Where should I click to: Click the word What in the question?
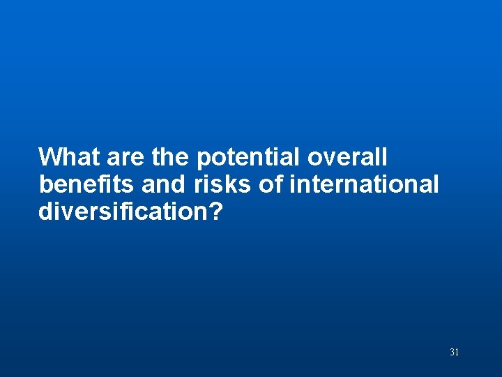[68, 156]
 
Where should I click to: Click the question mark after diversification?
[215, 212]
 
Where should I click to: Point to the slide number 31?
[454, 352]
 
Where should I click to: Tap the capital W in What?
[50, 156]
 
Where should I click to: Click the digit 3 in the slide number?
[452, 352]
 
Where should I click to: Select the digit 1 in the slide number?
[457, 352]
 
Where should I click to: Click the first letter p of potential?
[204, 158]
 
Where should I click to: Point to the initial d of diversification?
[46, 212]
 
